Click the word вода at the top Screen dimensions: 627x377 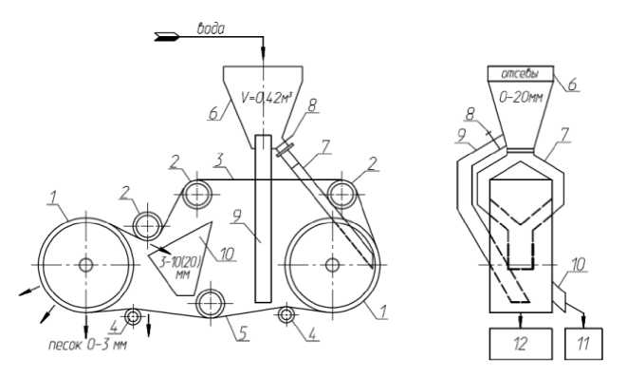click(x=211, y=28)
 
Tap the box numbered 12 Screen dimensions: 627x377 click(x=521, y=344)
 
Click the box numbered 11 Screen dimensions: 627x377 click(x=583, y=344)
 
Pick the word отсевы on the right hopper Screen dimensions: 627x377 click(x=520, y=73)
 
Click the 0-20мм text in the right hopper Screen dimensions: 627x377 click(x=521, y=97)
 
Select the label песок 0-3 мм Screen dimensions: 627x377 click(x=87, y=344)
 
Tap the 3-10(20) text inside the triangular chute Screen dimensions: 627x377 click(x=180, y=262)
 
